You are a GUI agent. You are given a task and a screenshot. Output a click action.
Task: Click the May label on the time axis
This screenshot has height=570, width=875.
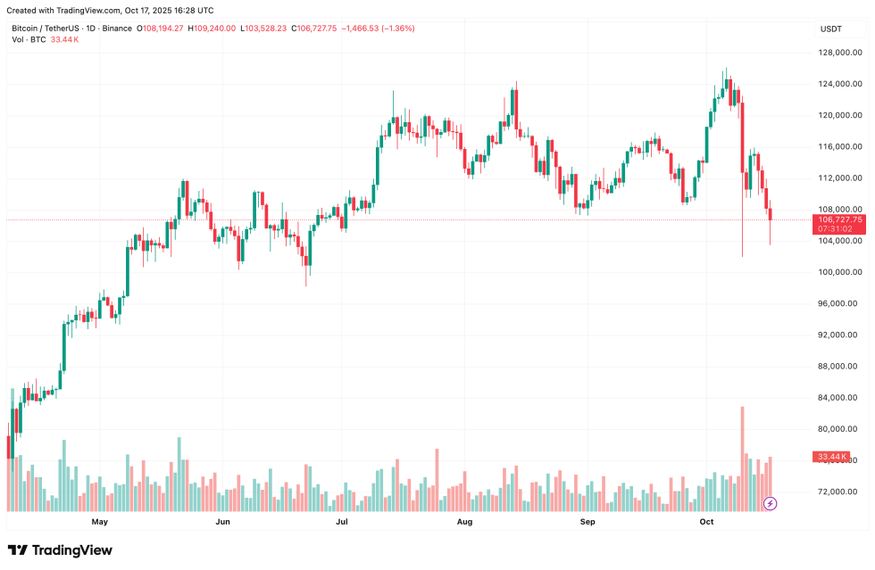click(99, 521)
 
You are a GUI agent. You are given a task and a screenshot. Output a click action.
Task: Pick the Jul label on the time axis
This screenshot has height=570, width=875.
click(341, 521)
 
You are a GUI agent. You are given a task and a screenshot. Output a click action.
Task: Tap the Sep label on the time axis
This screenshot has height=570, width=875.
click(587, 521)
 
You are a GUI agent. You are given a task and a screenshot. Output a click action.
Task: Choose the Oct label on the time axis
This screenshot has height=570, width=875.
click(707, 521)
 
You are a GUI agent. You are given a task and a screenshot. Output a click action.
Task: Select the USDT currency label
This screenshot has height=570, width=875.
click(830, 29)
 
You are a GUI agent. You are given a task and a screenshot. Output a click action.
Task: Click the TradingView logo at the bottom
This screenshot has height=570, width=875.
click(60, 550)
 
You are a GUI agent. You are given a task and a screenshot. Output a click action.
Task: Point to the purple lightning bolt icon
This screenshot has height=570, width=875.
click(771, 504)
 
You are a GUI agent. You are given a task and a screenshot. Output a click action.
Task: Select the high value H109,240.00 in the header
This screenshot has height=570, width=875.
click(211, 29)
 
